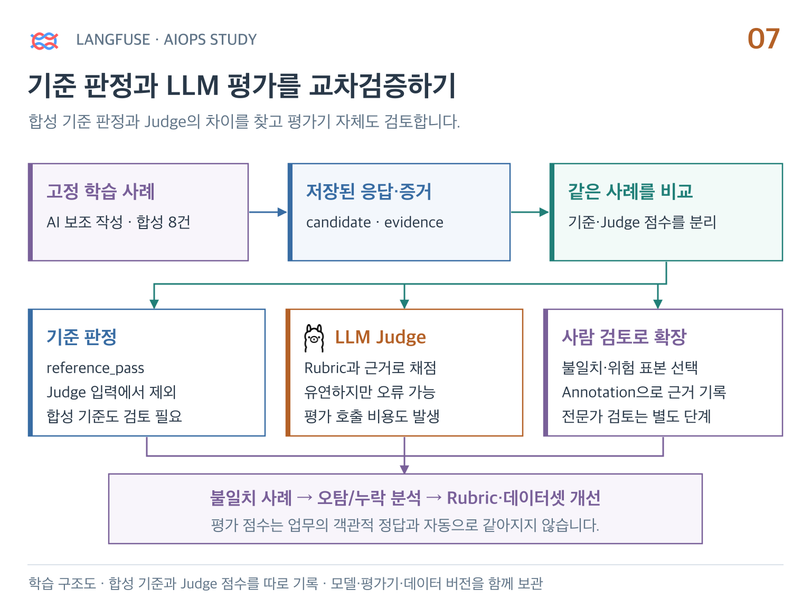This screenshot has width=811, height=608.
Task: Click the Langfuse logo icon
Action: tap(44, 41)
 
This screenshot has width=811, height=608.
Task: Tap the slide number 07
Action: tap(763, 39)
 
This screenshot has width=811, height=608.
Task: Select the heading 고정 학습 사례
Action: tap(100, 191)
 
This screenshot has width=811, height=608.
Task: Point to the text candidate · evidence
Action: tap(375, 222)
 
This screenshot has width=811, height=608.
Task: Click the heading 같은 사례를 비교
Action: tap(630, 191)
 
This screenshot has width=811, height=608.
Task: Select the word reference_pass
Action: tap(96, 368)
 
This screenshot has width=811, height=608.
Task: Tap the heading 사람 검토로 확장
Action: tap(624, 337)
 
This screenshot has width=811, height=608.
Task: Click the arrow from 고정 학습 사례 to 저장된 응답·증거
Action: tap(268, 212)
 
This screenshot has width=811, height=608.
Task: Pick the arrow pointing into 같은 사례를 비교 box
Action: tap(530, 212)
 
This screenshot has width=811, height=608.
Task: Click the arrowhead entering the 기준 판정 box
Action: tap(154, 304)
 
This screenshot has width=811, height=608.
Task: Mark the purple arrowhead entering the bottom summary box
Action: tap(404, 469)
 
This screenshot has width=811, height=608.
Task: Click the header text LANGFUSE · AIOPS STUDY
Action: tap(166, 40)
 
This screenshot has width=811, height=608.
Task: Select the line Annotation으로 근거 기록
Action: tap(644, 392)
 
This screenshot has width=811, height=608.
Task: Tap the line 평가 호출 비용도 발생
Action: tap(372, 416)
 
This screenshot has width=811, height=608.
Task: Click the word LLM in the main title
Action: tap(193, 85)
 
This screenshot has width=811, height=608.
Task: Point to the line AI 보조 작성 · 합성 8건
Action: tap(119, 222)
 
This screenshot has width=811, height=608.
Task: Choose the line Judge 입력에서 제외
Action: tap(111, 392)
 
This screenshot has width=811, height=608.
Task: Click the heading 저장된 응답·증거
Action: tap(369, 191)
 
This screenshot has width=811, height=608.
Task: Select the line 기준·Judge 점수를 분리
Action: tap(642, 222)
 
